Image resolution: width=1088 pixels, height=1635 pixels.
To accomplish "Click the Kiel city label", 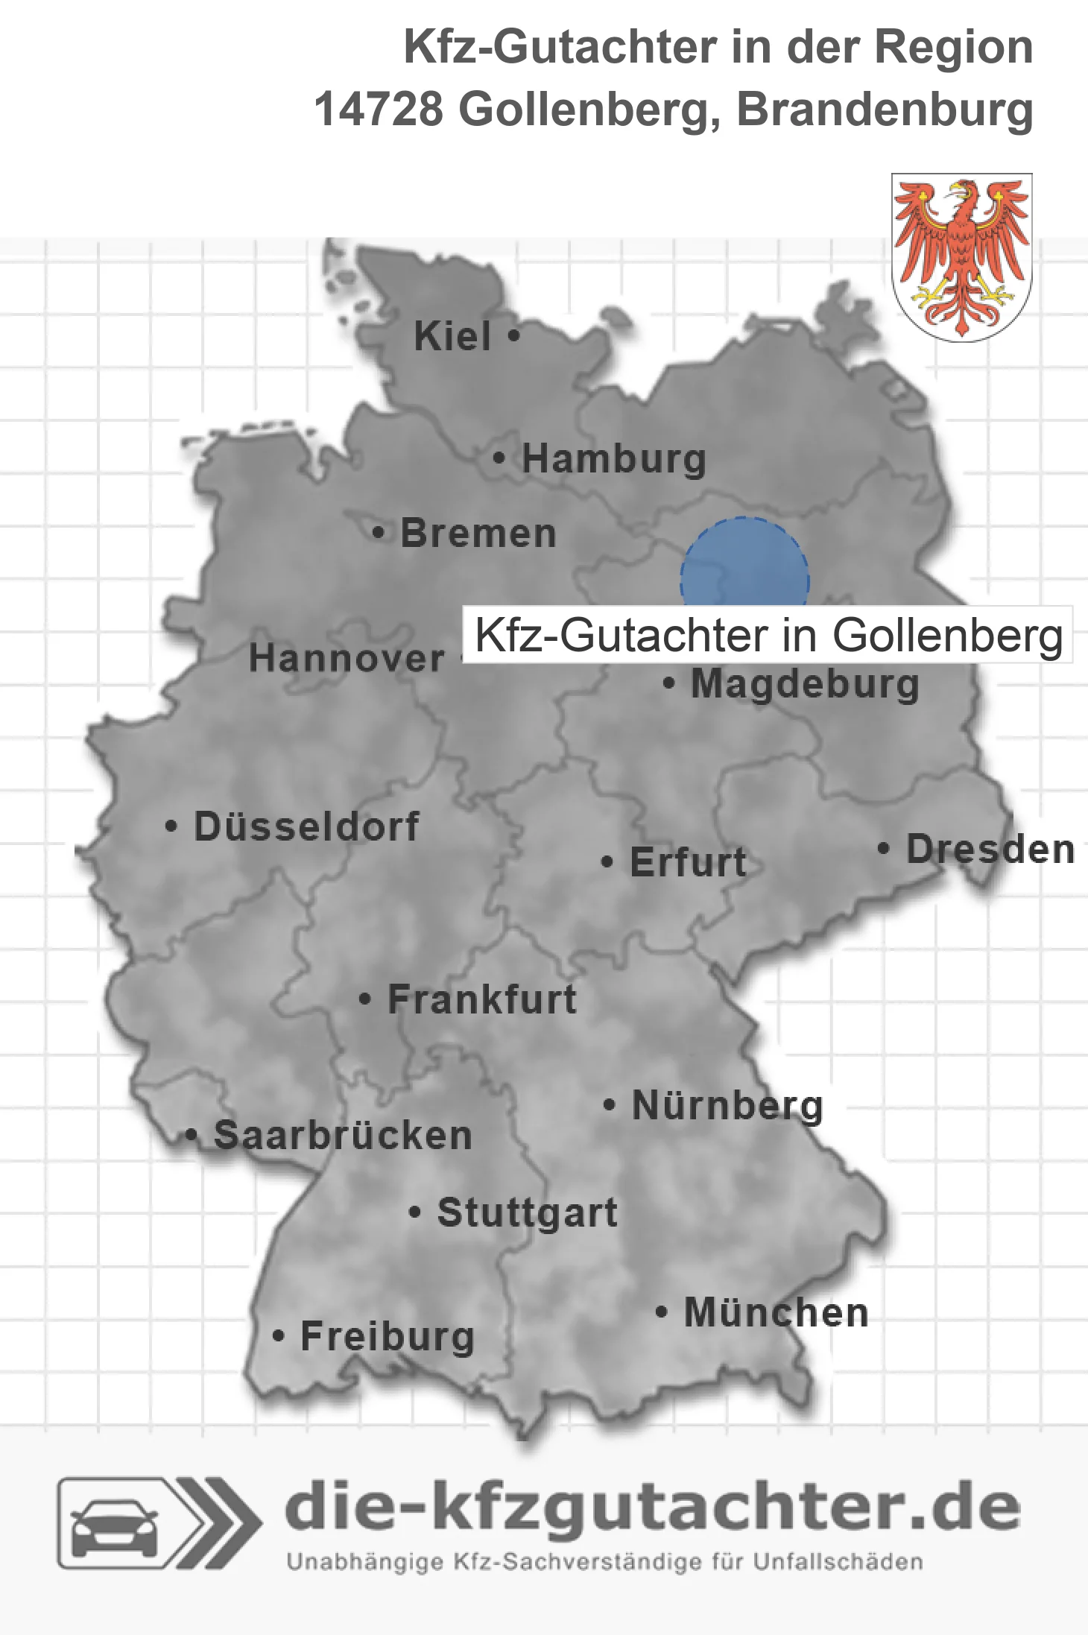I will [452, 336].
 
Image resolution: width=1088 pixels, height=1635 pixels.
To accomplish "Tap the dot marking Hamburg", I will [499, 458].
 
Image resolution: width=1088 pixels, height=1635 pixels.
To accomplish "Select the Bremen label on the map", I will [478, 534].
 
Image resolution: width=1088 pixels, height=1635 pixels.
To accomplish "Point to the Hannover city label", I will [347, 659].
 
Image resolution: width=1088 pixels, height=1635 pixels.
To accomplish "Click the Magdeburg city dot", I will [668, 683].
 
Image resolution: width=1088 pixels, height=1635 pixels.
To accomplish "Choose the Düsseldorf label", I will [306, 826].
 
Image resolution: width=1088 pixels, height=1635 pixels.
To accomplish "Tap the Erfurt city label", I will [688, 862].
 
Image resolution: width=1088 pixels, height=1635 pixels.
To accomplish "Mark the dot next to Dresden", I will [883, 848].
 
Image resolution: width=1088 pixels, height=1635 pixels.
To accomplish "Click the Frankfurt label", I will [482, 999].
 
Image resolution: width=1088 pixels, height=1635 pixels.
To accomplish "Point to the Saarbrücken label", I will [343, 1136].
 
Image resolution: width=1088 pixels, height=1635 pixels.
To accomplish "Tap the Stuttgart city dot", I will [415, 1212].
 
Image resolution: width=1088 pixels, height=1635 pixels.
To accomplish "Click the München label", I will [777, 1313].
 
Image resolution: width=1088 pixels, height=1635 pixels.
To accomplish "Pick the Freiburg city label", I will [388, 1337].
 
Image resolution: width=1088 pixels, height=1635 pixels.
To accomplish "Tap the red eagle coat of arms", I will [961, 257].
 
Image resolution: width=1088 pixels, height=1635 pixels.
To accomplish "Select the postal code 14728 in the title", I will [379, 110].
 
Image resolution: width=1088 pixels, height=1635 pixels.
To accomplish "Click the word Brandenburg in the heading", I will [885, 110].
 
